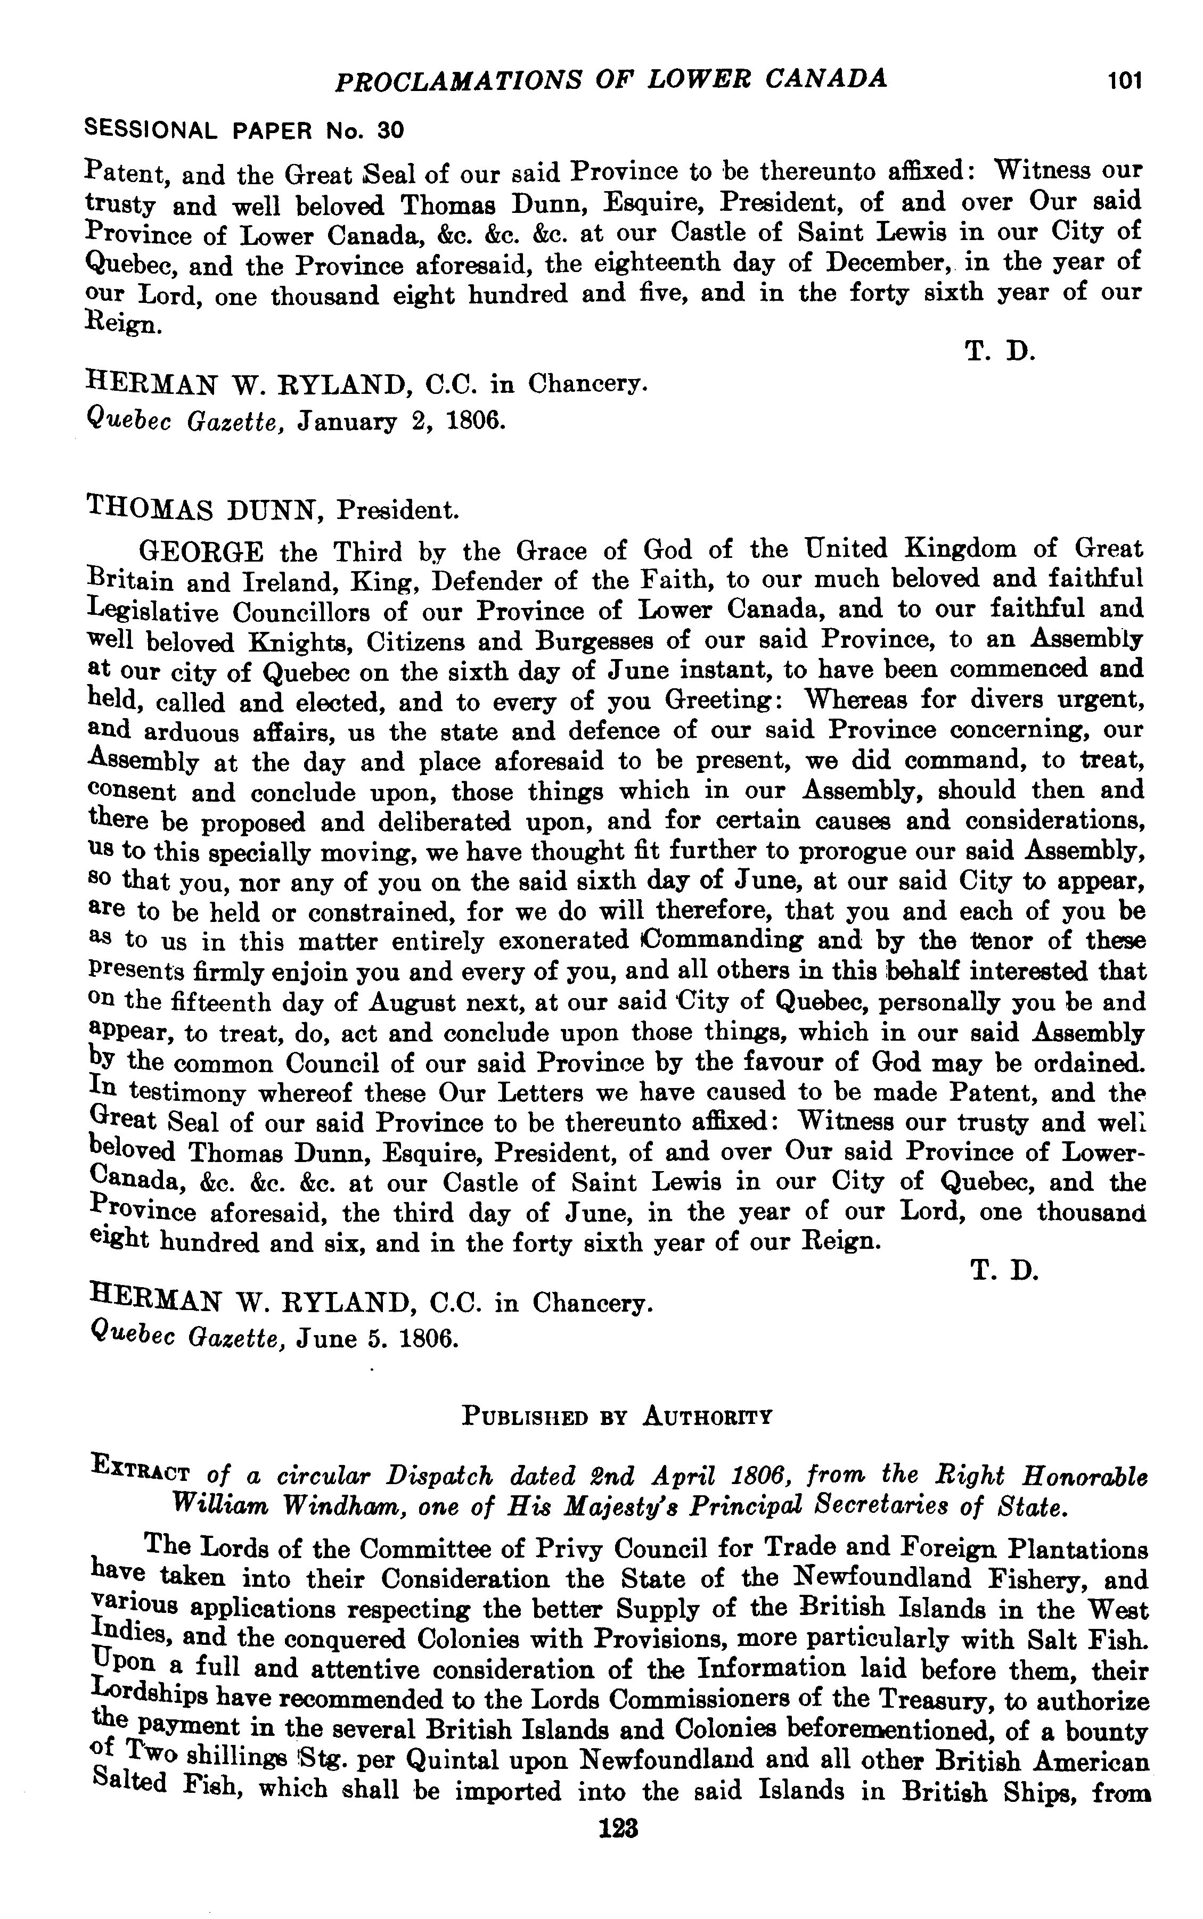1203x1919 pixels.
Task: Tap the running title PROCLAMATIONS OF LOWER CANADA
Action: pyautogui.click(x=611, y=79)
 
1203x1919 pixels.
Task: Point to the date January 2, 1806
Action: pyautogui.click(x=402, y=420)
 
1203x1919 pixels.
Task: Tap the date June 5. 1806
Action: pyautogui.click(x=378, y=1339)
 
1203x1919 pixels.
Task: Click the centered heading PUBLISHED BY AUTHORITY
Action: pyautogui.click(x=617, y=1416)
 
